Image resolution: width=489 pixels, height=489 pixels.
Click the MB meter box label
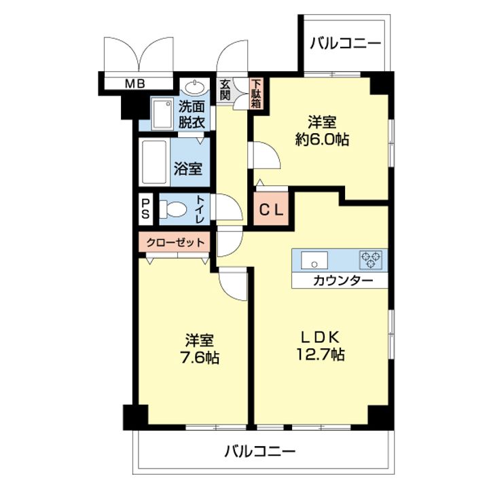135,84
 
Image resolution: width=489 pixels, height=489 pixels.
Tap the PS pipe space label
145,209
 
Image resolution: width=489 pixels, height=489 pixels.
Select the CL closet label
271,210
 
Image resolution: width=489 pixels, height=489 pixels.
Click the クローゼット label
176,242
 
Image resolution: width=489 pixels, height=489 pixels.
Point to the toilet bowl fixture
173,209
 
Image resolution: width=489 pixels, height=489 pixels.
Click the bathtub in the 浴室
154,162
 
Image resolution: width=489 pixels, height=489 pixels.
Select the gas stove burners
371,259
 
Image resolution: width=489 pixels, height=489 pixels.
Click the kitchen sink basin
314,259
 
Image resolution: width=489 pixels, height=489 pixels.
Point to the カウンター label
343,281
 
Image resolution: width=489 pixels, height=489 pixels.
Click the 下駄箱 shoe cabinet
256,93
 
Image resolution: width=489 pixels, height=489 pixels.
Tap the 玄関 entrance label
225,90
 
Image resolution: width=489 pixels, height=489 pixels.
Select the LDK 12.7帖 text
320,346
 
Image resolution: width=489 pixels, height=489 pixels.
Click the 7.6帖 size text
200,358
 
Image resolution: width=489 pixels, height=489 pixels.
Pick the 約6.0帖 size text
322,139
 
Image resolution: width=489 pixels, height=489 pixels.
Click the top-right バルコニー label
345,43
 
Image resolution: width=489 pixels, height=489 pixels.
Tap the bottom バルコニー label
259,451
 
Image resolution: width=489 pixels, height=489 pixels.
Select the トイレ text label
200,209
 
